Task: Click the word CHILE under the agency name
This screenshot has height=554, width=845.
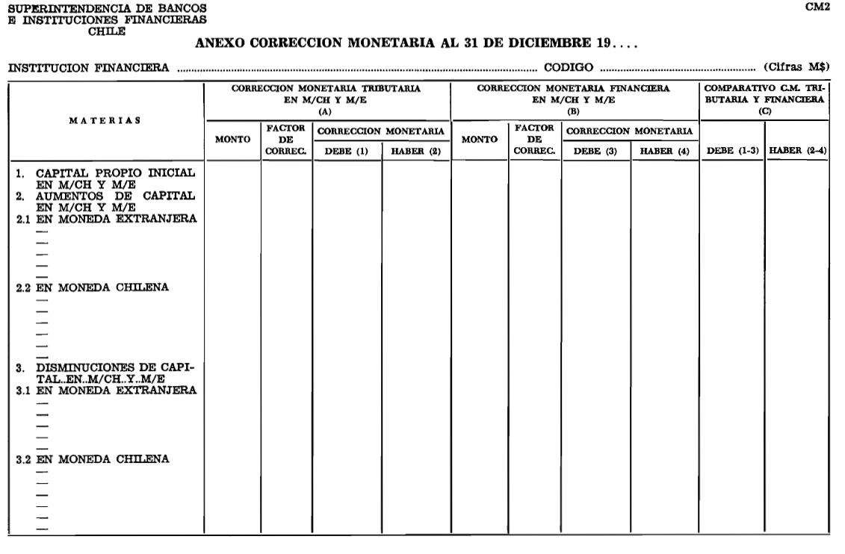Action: (x=107, y=31)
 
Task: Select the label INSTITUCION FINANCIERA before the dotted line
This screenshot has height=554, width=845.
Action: (x=88, y=68)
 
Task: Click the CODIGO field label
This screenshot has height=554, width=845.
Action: (x=569, y=68)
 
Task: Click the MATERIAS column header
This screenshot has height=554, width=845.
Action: (x=105, y=121)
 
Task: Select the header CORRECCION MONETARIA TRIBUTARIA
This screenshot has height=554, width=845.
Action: (x=326, y=93)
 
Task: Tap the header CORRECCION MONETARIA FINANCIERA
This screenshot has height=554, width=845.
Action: (x=574, y=93)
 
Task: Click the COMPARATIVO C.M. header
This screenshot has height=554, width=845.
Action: (x=764, y=93)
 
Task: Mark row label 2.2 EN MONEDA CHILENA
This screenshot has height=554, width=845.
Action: (x=93, y=287)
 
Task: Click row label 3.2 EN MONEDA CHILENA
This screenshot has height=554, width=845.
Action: (x=93, y=459)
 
